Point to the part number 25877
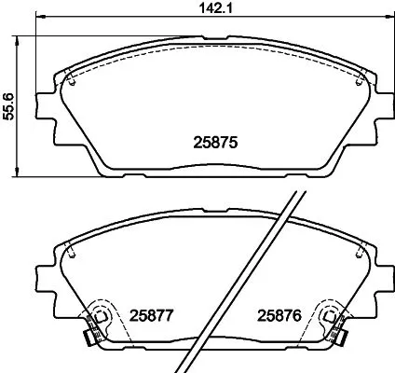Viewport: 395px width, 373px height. tap(152, 316)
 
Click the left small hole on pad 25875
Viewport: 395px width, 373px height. tap(72, 77)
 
